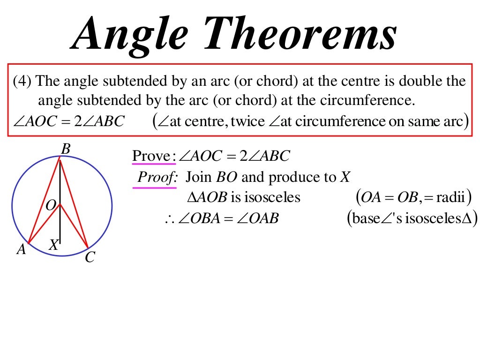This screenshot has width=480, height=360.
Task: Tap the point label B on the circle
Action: pos(66,149)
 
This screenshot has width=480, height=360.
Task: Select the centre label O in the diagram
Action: pos(51,205)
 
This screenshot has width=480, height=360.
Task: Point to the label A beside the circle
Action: pos(21,250)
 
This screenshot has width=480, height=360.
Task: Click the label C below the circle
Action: pos(90,257)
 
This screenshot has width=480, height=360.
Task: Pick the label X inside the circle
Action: pos(54,244)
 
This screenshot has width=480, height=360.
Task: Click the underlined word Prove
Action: pos(151,156)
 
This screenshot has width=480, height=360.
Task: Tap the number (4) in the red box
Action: pos(22,81)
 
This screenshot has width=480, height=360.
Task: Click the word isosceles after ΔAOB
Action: pos(271,197)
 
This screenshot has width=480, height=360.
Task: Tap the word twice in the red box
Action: pos(248,122)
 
